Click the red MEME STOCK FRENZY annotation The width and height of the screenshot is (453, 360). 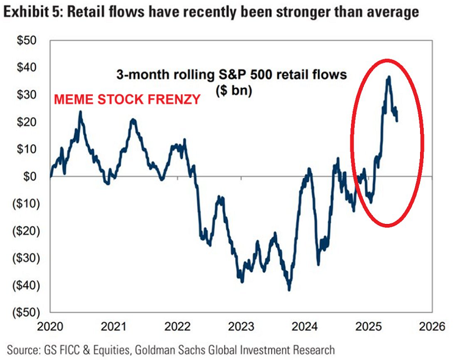tap(128, 98)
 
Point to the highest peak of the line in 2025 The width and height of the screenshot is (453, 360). tap(388, 77)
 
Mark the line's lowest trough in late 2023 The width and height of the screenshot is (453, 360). tap(289, 290)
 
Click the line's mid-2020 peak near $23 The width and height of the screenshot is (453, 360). tap(80, 112)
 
